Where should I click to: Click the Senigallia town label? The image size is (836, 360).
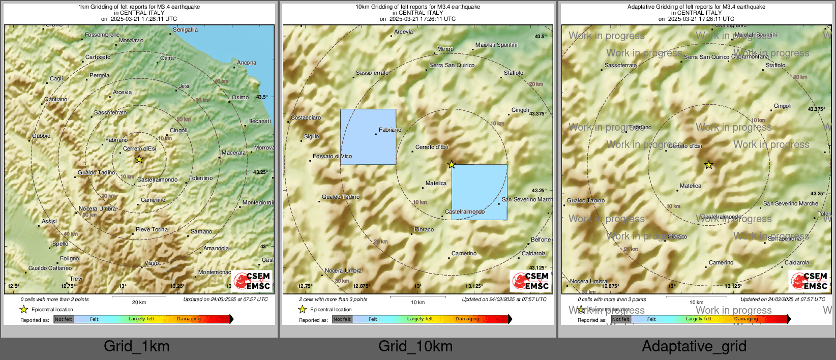[185, 29]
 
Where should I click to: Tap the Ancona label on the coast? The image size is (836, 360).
[247, 63]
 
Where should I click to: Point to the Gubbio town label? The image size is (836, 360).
[41, 136]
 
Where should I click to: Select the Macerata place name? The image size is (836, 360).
[233, 153]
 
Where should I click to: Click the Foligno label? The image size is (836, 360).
[70, 258]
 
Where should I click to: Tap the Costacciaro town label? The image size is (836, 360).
[306, 117]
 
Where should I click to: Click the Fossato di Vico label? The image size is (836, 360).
[332, 156]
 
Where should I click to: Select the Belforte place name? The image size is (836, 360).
[541, 239]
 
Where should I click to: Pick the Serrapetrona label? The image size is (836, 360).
[784, 238]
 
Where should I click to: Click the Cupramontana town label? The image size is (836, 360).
[750, 57]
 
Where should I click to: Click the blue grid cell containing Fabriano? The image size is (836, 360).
[368, 137]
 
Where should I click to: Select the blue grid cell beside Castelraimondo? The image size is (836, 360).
[480, 192]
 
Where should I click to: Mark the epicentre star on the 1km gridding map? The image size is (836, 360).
[139, 159]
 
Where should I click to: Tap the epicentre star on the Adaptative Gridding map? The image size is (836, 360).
[708, 165]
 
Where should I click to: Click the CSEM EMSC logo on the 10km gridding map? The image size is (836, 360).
[530, 281]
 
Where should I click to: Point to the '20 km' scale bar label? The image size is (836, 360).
[139, 302]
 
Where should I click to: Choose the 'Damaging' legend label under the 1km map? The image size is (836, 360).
[189, 319]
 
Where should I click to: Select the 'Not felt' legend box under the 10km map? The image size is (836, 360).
[342, 319]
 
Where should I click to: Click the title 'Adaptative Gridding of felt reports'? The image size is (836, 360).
[696, 7]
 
